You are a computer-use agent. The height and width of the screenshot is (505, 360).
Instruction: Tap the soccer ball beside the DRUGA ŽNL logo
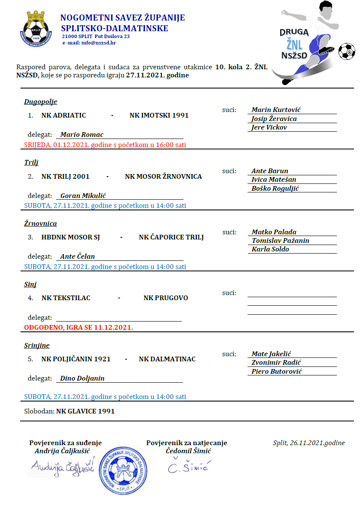coord(346,51)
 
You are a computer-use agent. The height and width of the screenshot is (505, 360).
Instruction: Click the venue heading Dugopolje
coord(41,102)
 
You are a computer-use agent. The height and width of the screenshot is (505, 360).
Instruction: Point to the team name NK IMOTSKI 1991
coord(159,115)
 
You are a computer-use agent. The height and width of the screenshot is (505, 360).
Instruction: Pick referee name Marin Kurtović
coord(276,110)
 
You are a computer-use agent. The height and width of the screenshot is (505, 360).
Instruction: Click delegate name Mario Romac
coord(82,134)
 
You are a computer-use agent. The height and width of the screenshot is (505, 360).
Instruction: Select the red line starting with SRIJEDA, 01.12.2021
coord(105,145)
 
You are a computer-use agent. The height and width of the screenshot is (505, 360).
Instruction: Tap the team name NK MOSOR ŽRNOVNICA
coord(163,176)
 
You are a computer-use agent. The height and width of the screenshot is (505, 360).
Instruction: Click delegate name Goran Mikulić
coord(83,195)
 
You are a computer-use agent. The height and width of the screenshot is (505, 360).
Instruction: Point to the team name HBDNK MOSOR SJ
coord(71,237)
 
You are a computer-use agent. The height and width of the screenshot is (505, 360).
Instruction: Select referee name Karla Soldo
coord(270,249)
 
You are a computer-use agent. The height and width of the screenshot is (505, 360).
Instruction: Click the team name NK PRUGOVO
coord(165,298)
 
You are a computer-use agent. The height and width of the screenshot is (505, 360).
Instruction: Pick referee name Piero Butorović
coord(277,371)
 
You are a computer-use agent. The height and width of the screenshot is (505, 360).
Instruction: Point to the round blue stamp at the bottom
coord(125,470)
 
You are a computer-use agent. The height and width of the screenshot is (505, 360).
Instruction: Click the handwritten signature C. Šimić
coord(187,467)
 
